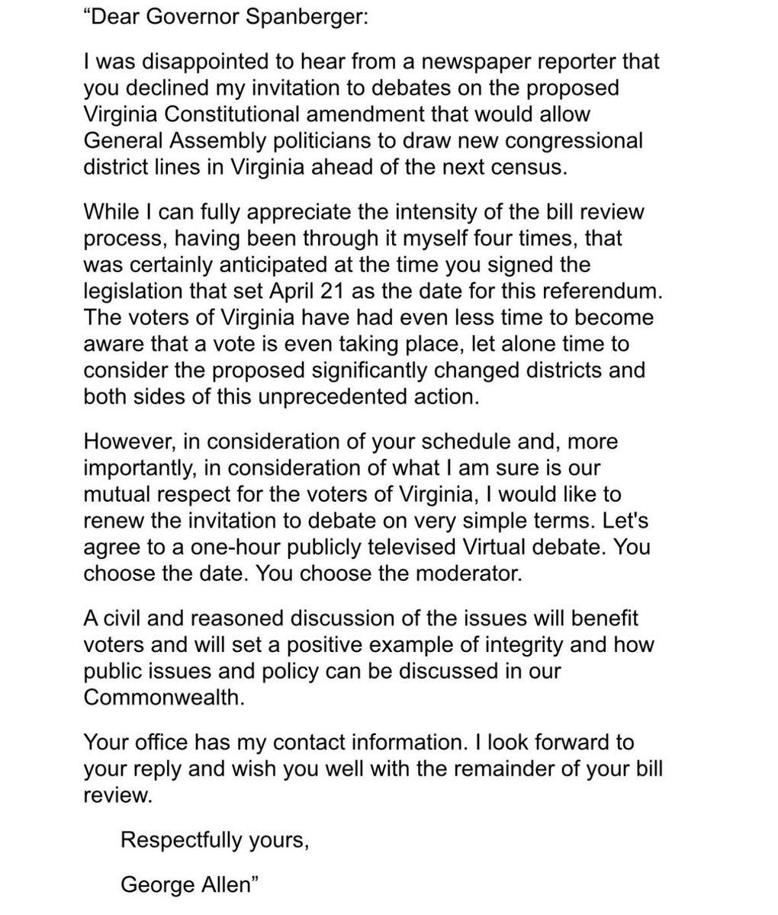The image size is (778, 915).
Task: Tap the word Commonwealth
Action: (163, 696)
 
